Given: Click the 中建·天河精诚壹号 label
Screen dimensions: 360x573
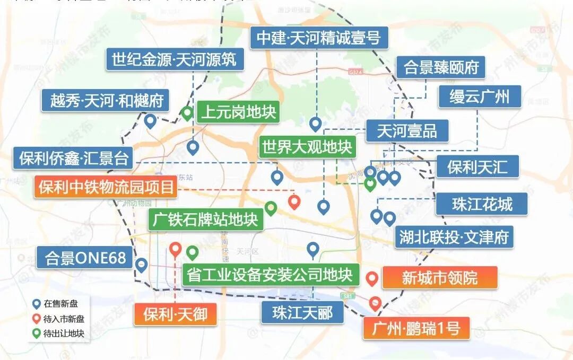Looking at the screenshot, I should coord(318,38).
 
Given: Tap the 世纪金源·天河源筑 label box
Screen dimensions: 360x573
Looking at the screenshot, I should coord(174,59).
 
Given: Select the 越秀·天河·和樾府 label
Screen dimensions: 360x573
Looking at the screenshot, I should coord(106,100).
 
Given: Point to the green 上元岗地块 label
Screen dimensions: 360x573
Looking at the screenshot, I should coord(238,112).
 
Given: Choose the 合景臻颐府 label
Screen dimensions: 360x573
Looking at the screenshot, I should coord(441,68).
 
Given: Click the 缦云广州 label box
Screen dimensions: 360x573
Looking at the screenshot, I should coord(479,97).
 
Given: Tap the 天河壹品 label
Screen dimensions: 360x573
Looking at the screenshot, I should coord(406,131).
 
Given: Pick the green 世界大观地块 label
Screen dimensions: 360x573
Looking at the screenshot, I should coord(306,146).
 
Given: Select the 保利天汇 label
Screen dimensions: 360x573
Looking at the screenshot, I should coord(477,167).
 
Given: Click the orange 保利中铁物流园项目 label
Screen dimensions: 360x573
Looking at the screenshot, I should coord(106,187).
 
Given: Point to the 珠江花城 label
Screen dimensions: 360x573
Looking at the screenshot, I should coord(482,204).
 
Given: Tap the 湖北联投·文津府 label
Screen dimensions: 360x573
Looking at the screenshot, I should coord(453,237).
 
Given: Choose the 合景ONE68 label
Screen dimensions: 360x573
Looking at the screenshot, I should coord(85,258).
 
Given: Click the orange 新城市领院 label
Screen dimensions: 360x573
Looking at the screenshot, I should coord(439,277).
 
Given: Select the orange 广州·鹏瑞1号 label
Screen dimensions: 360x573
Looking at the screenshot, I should coord(416,329).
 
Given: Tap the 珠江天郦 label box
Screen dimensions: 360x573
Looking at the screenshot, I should coord(302,313).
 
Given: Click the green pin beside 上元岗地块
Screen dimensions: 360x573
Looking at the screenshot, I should coord(187,113).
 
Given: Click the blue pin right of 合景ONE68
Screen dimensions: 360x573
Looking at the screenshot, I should coord(141,265).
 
